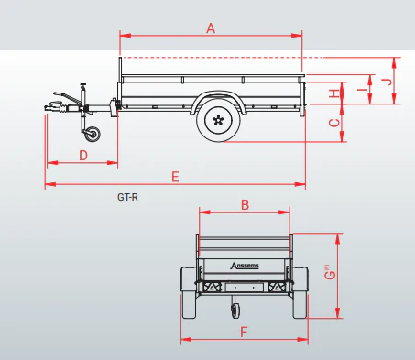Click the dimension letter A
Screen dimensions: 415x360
point(211,28)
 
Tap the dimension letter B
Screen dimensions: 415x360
point(245,205)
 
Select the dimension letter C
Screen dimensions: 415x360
point(334,123)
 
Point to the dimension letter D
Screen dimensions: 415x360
point(83,155)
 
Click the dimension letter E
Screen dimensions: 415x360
point(175,177)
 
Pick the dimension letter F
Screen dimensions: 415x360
point(244,332)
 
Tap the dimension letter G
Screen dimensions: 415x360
point(330,273)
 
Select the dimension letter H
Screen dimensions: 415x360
point(334,93)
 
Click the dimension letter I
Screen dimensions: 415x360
point(363,90)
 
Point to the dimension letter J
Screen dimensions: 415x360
point(388,82)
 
